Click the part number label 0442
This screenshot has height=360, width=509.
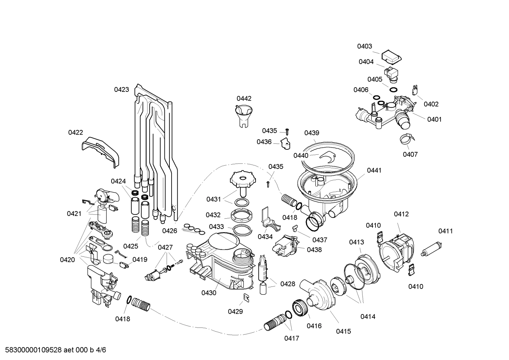tap(244, 99)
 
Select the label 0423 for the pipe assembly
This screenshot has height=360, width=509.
tap(121, 90)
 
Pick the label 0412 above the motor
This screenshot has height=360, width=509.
tap(401, 214)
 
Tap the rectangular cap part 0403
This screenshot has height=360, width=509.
tap(392, 55)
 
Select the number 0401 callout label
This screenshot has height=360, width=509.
tap(434, 119)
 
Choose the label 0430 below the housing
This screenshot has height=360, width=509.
tap(209, 293)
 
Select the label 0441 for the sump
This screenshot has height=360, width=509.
tap(374, 170)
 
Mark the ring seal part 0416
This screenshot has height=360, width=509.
tap(300, 308)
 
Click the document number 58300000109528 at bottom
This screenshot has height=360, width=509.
tap(32, 350)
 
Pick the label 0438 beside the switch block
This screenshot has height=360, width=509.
tap(314, 249)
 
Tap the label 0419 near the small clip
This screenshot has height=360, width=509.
tap(140, 260)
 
